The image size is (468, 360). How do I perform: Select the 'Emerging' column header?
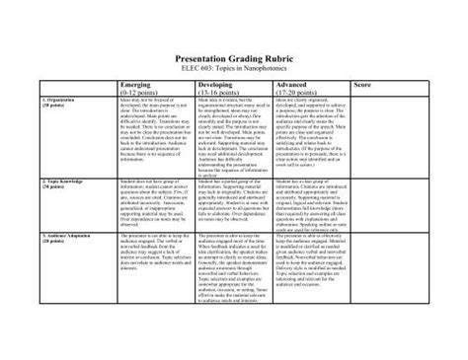(132, 86)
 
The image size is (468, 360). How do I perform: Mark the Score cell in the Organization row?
(401, 138)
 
